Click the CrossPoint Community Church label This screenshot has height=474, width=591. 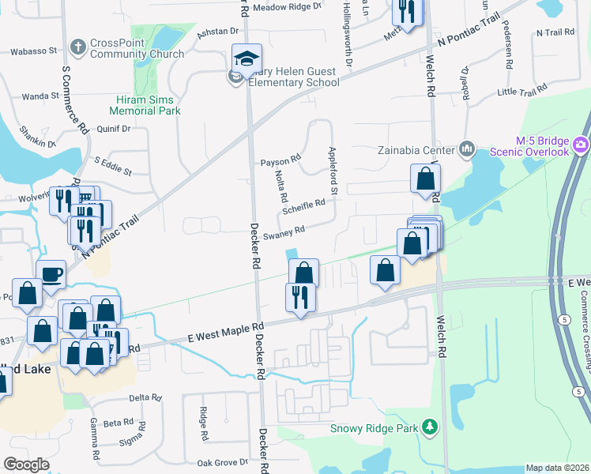pyautogui.click(x=137, y=48)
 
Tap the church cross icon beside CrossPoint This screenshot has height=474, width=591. pyautogui.click(x=77, y=47)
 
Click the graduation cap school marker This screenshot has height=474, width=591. pyautogui.click(x=247, y=58)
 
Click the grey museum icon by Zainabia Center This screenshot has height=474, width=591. pyautogui.click(x=466, y=149)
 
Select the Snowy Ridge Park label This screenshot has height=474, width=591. pyautogui.click(x=375, y=428)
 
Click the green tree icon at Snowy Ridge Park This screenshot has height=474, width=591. pyautogui.click(x=429, y=427)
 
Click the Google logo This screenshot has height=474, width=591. pyautogui.click(x=26, y=465)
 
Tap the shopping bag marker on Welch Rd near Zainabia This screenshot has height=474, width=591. pyautogui.click(x=425, y=179)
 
